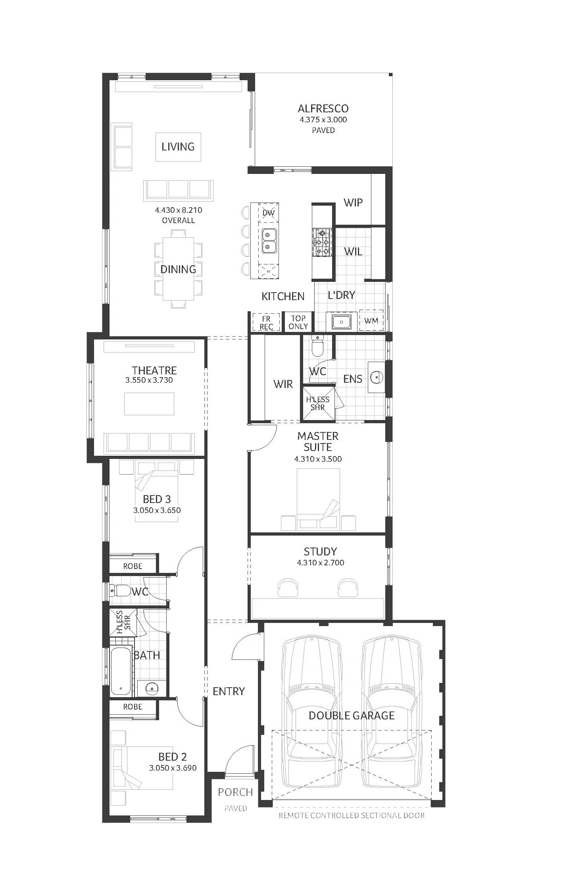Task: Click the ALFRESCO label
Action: pyautogui.click(x=323, y=108)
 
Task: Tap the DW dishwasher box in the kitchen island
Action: pyautogui.click(x=269, y=212)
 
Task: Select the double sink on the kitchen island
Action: pyautogui.click(x=269, y=241)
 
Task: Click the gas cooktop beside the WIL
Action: pyautogui.click(x=322, y=242)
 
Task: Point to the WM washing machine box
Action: pyautogui.click(x=371, y=320)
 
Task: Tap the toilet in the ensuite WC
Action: pyautogui.click(x=318, y=346)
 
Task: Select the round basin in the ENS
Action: pyautogui.click(x=376, y=377)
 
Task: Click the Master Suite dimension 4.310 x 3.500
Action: pyautogui.click(x=318, y=459)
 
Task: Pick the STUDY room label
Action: pyautogui.click(x=320, y=551)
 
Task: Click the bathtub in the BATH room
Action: pyautogui.click(x=121, y=671)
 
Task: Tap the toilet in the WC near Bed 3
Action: pyautogui.click(x=122, y=591)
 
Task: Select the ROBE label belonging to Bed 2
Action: pyautogui.click(x=133, y=707)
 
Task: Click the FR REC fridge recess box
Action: pyautogui.click(x=266, y=322)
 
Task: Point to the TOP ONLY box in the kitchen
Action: pyautogui.click(x=298, y=322)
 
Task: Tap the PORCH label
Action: pyautogui.click(x=235, y=792)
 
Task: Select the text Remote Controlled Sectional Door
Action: pyautogui.click(x=352, y=815)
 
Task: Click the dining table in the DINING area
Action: pyautogui.click(x=178, y=269)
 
